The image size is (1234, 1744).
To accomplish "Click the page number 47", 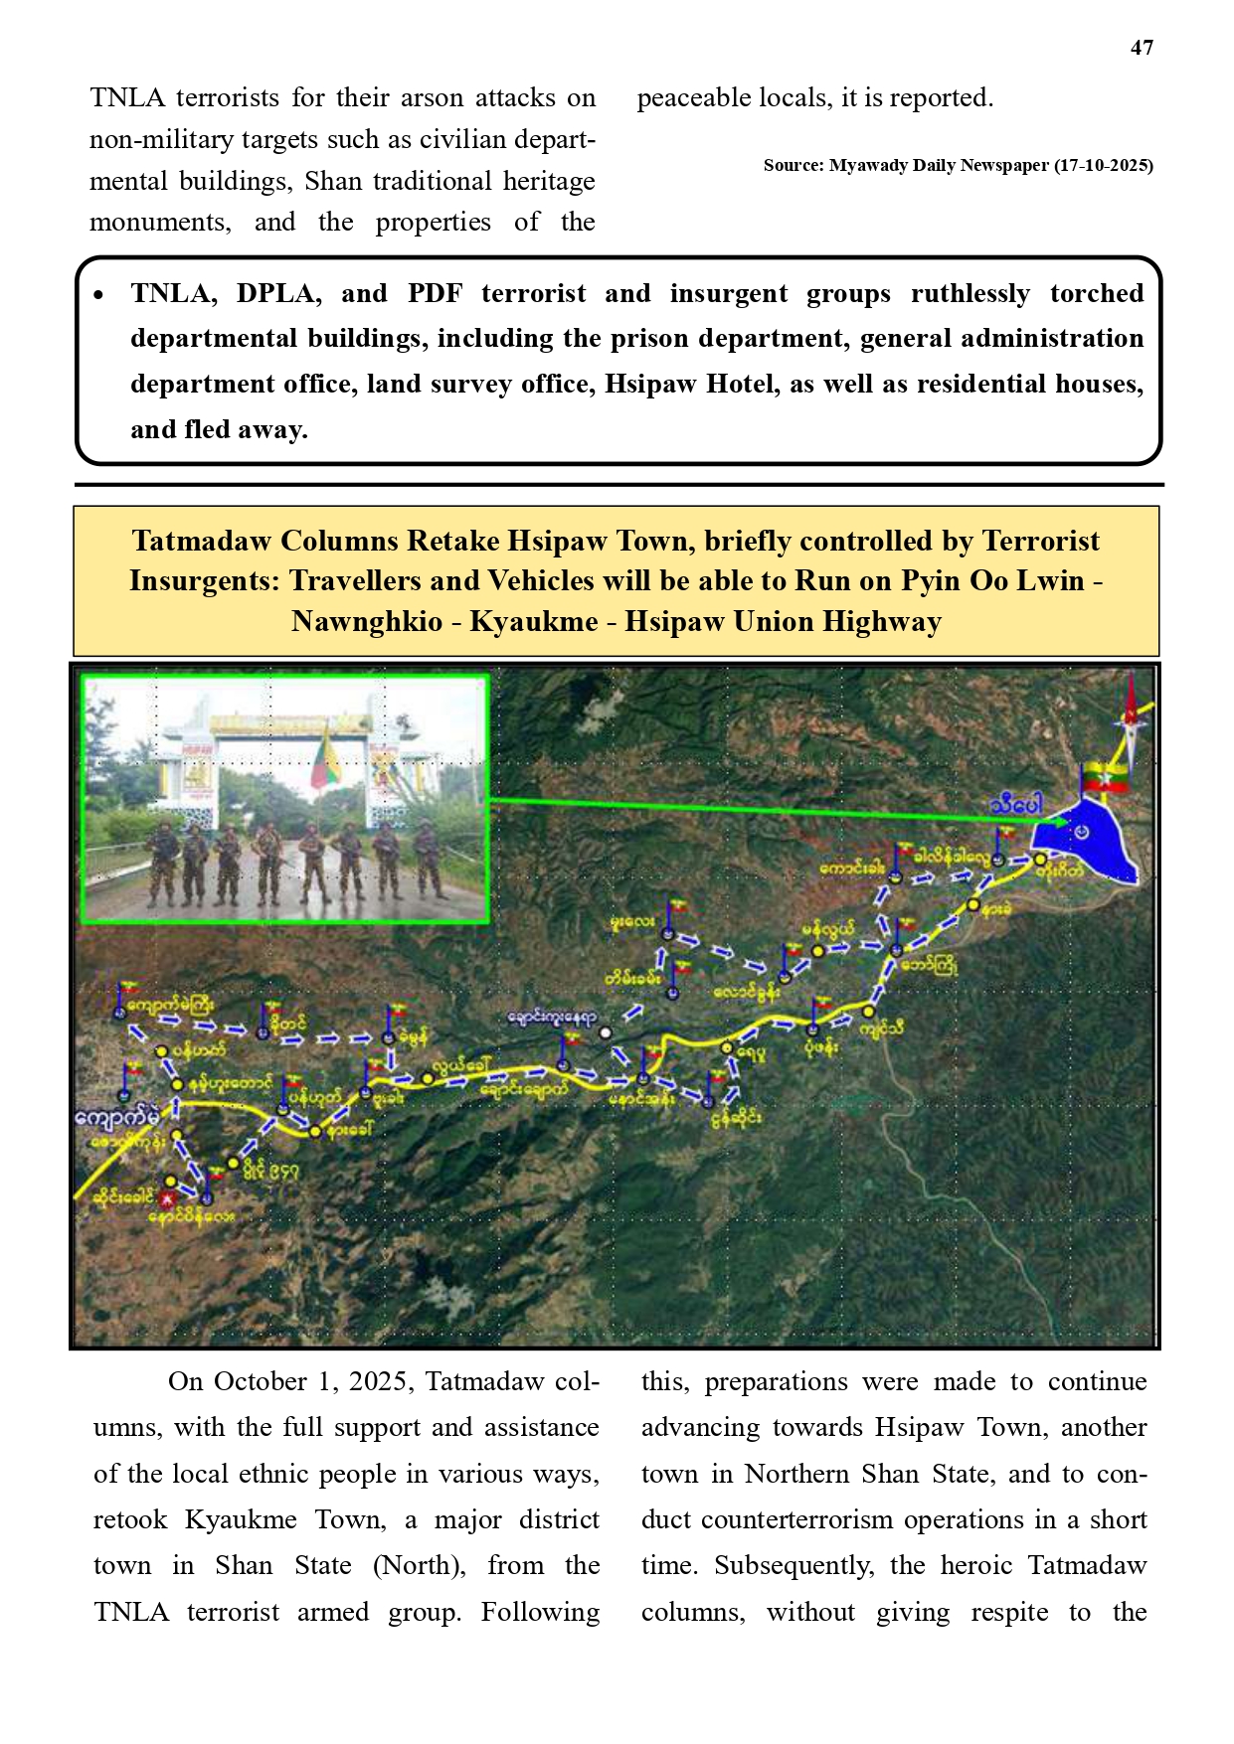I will click(1142, 48).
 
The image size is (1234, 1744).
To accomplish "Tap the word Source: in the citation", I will click(793, 166).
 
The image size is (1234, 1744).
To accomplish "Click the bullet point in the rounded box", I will click(97, 296).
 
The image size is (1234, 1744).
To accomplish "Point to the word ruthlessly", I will click(970, 294).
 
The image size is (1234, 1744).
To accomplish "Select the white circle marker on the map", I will click(606, 1032).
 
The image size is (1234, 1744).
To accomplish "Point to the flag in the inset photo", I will click(324, 759).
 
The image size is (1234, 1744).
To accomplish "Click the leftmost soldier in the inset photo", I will click(162, 863).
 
